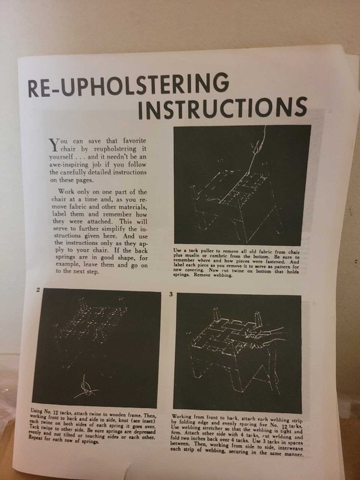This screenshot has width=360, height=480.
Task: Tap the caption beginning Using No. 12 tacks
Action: pyautogui.click(x=93, y=427)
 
